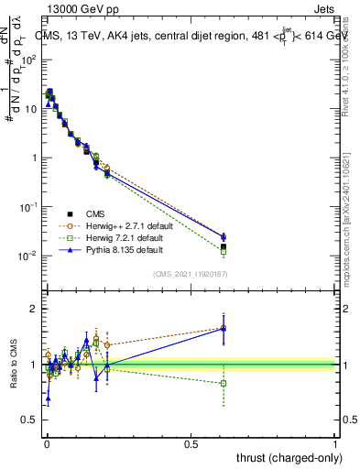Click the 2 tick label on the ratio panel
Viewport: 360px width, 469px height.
[x=32, y=309]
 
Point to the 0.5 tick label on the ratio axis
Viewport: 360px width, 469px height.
[x=28, y=420]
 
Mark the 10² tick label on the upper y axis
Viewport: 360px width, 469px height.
[x=29, y=60]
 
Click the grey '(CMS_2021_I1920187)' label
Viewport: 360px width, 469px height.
[x=190, y=274]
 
